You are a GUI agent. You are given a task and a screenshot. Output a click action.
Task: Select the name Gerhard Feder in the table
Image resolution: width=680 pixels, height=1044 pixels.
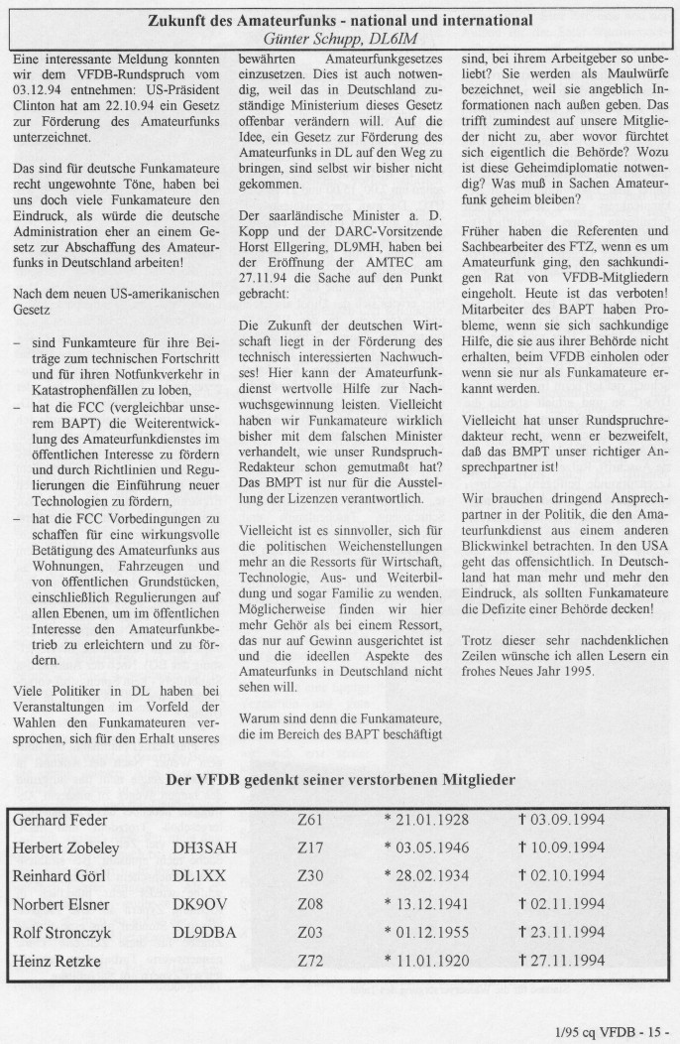click(60, 820)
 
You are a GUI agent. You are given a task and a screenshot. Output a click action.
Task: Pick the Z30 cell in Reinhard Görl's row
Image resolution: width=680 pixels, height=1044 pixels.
click(310, 875)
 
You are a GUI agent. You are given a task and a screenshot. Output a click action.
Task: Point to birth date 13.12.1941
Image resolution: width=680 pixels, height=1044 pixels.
click(426, 903)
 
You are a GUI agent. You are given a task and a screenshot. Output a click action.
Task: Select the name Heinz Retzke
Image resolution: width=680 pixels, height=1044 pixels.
click(54, 960)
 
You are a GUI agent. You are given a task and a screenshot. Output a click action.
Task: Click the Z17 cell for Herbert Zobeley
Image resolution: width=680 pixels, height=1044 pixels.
click(310, 848)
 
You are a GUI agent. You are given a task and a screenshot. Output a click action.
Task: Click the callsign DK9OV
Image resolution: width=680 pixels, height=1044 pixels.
click(199, 903)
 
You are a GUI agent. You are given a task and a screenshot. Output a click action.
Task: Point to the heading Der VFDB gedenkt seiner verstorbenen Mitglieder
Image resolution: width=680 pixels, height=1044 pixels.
click(340, 780)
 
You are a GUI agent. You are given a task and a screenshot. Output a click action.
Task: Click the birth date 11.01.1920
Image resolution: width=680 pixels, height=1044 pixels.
click(426, 960)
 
